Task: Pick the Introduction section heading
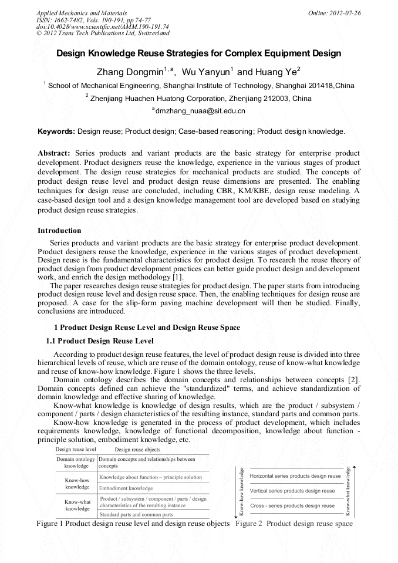pyautogui.click(x=59, y=231)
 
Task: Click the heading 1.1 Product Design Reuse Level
pyautogui.click(x=100, y=341)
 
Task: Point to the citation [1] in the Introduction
pyautogui.click(x=177, y=277)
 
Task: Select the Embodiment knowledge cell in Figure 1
pyautogui.click(x=126, y=488)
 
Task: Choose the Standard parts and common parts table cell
pyautogui.click(x=136, y=514)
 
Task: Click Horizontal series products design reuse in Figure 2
pyautogui.click(x=295, y=476)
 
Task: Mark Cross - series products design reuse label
pyautogui.click(x=292, y=505)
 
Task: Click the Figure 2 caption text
pyautogui.click(x=294, y=523)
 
